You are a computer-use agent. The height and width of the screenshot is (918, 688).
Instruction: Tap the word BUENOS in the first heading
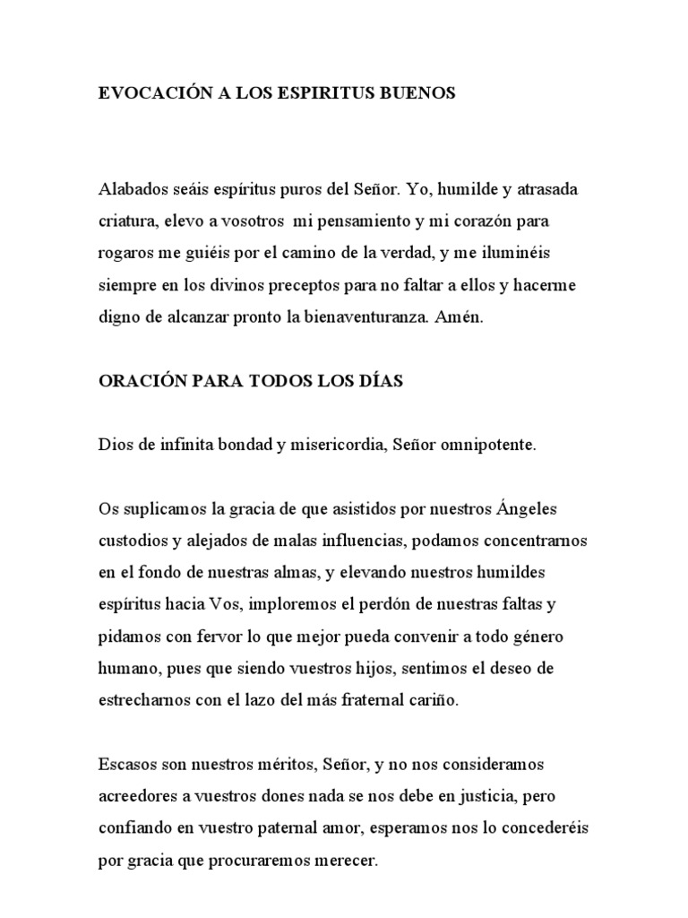(420, 93)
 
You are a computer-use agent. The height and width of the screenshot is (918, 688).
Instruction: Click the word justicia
(487, 796)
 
